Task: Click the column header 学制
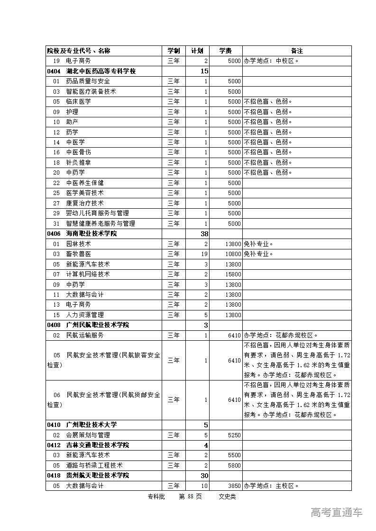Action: (x=174, y=51)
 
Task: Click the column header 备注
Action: (x=297, y=51)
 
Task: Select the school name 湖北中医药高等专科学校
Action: (x=101, y=71)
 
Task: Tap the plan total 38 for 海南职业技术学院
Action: (x=204, y=234)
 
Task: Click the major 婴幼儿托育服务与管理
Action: (x=97, y=213)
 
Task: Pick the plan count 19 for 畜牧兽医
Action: (x=205, y=254)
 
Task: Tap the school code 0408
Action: (x=54, y=325)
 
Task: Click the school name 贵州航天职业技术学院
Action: (x=98, y=475)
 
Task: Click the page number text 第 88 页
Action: (x=190, y=496)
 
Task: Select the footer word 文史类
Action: (x=227, y=496)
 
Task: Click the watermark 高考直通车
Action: (x=337, y=512)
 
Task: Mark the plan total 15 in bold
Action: (x=204, y=71)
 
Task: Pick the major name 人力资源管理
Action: (x=85, y=315)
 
